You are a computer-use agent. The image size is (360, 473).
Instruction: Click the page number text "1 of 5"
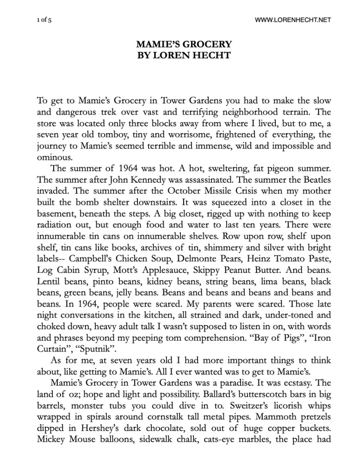click(x=43, y=19)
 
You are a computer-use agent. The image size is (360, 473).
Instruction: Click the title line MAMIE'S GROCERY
click(x=184, y=44)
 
